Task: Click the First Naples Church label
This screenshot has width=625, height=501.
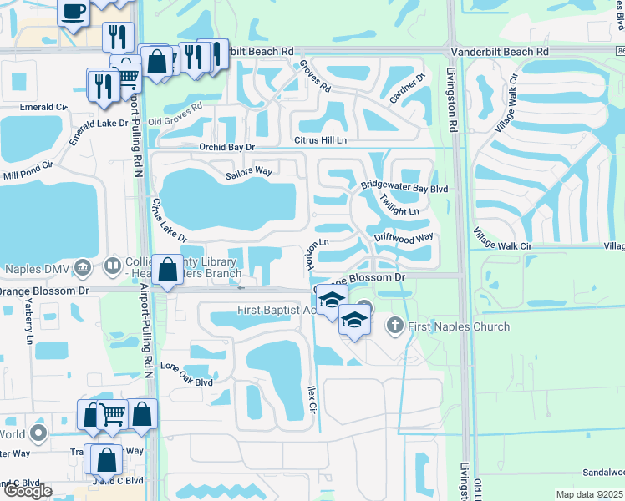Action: (458, 326)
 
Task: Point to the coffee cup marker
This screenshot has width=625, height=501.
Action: (74, 11)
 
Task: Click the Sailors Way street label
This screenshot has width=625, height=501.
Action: (249, 171)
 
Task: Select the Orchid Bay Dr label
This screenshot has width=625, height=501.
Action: (226, 147)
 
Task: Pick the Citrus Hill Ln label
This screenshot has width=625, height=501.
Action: (318, 140)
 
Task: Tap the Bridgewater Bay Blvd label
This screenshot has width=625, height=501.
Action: (404, 188)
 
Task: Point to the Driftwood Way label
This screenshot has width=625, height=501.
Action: (403, 237)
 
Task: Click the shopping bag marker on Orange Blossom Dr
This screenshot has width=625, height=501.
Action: (167, 270)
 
